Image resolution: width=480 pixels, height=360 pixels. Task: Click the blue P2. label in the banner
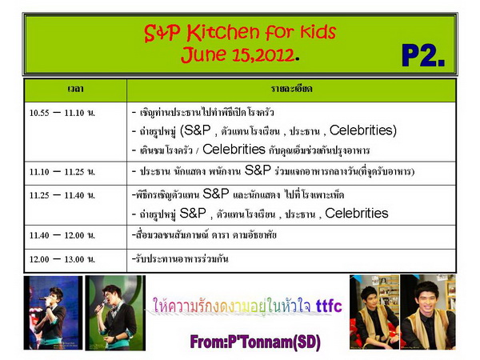423,55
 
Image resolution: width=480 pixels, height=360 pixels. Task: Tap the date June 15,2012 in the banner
238,54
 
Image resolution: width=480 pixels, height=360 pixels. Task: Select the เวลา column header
75,89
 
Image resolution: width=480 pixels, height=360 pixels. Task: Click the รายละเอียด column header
291,89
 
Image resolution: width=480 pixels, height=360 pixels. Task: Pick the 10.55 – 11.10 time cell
62,113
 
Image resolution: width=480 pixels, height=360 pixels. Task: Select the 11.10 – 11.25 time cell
62,172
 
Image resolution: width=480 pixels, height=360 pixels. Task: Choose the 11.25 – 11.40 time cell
62,195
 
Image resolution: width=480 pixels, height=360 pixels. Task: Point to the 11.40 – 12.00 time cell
62,235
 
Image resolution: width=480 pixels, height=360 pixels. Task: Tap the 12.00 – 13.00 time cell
62,259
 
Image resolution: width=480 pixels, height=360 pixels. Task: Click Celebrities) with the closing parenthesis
363,130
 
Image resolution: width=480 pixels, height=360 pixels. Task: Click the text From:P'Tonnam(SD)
255,342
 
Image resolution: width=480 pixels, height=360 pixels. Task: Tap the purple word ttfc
329,306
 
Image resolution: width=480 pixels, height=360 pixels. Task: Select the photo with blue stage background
53,313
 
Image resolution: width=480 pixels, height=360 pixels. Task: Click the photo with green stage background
115,313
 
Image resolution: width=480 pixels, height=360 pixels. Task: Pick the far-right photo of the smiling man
428,312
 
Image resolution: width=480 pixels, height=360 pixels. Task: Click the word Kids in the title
318,32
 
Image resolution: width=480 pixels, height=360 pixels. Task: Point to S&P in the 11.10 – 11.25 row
258,170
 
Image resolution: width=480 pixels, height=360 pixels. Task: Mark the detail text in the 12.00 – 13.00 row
180,259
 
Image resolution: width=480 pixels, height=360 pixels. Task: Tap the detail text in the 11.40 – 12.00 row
204,235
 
